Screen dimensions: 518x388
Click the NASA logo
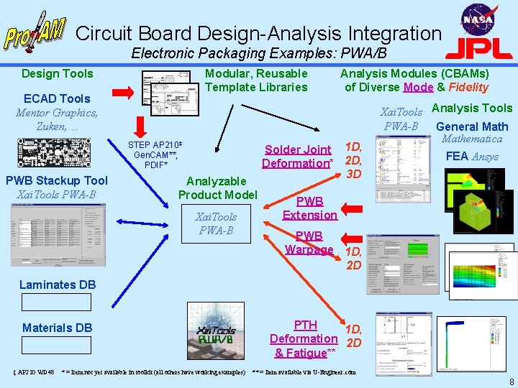(x=477, y=19)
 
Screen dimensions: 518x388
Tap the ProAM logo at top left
(x=34, y=32)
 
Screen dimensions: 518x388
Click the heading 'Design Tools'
(x=58, y=73)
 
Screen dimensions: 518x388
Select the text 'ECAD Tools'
(x=57, y=98)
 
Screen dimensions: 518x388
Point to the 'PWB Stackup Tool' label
(x=56, y=180)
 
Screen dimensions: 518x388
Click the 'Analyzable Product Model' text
(x=217, y=188)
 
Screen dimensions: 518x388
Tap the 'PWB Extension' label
(x=309, y=208)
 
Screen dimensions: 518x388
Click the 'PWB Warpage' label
(x=309, y=242)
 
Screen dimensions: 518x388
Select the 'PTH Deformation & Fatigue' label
(x=304, y=338)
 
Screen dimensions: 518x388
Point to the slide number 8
(x=510, y=382)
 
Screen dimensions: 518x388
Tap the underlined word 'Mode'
(x=418, y=88)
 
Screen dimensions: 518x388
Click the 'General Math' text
(x=472, y=126)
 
